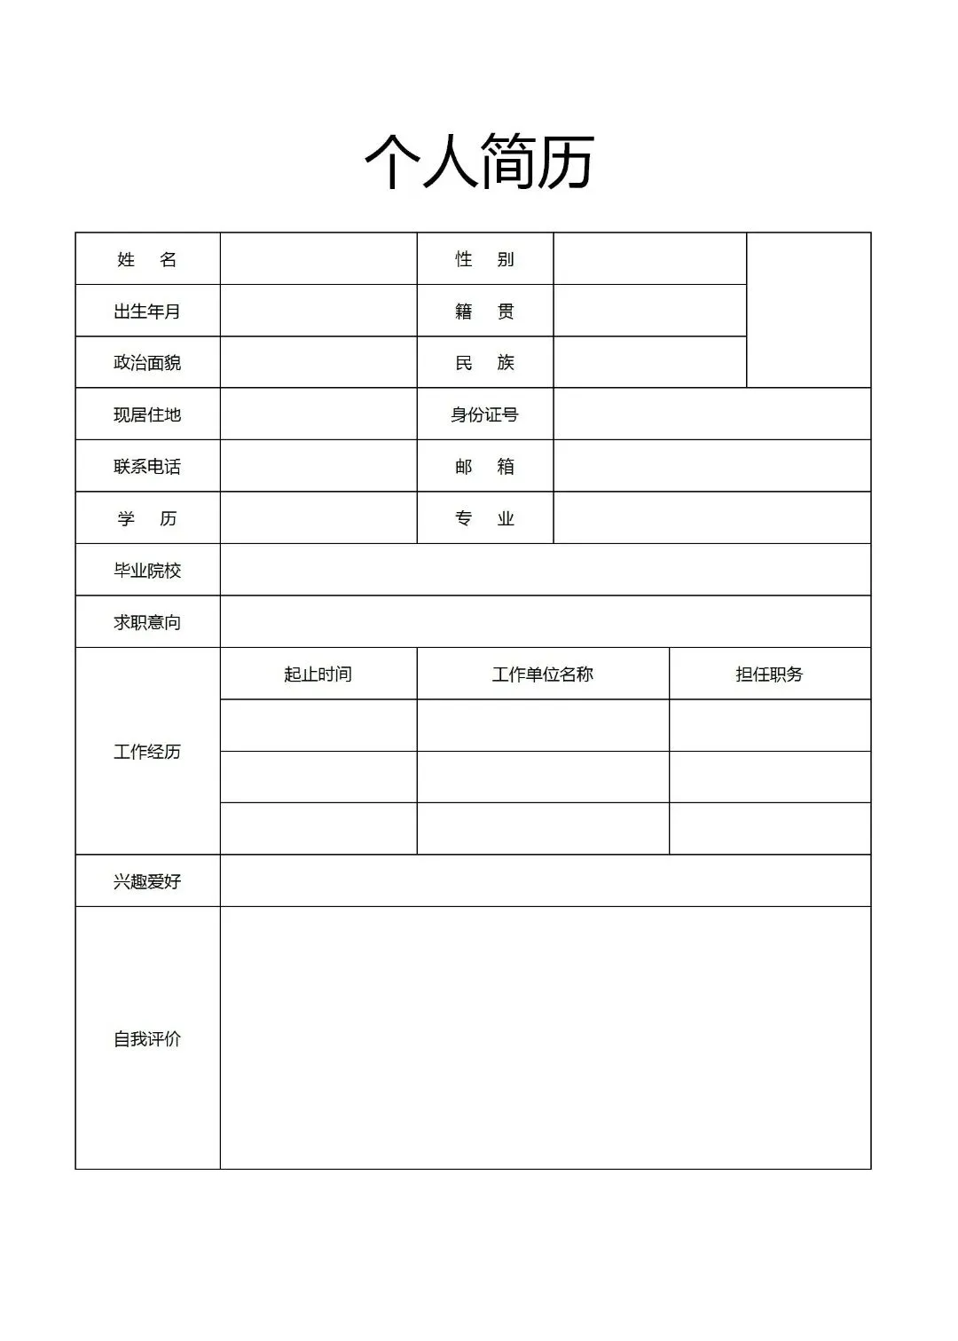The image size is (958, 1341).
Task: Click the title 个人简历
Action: (x=479, y=162)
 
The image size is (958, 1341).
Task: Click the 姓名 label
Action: (x=147, y=259)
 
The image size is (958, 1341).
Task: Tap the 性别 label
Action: (x=484, y=259)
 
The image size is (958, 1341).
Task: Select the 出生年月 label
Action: (x=147, y=312)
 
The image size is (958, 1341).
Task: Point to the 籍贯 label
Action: (x=484, y=312)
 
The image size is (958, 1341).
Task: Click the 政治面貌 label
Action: (x=147, y=363)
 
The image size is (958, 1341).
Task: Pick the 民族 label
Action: (x=484, y=363)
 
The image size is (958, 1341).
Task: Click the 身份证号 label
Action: (x=484, y=414)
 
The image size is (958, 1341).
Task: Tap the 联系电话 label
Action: (x=147, y=467)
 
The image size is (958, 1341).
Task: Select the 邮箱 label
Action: (x=484, y=467)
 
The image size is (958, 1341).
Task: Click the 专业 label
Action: (x=484, y=518)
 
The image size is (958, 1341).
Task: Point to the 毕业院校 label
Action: (x=147, y=571)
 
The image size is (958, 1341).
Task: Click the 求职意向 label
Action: (x=147, y=622)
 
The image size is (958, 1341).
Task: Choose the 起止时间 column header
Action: (x=318, y=674)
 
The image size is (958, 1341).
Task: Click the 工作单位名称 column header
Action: (x=543, y=674)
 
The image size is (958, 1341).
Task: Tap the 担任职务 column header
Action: (x=769, y=674)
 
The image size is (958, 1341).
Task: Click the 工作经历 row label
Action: (x=147, y=752)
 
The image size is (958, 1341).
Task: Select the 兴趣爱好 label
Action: (x=147, y=881)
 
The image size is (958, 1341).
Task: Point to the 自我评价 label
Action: (x=147, y=1038)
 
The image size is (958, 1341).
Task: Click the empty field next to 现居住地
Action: (x=318, y=414)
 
